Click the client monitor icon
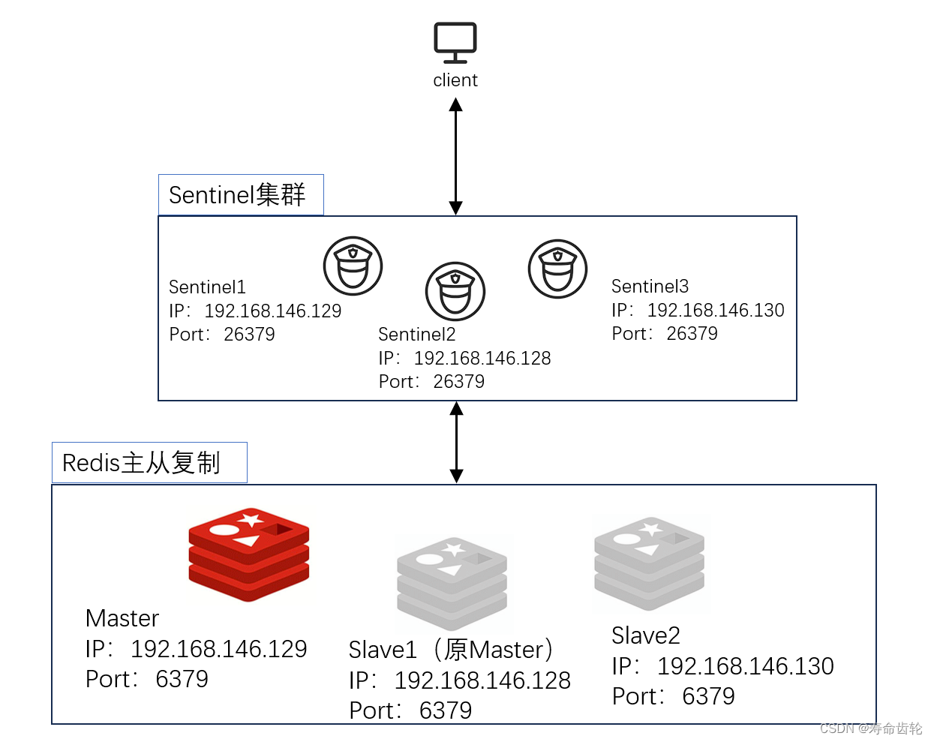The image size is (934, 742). [455, 43]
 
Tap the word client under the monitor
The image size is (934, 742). [455, 80]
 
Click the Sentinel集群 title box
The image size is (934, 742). [240, 195]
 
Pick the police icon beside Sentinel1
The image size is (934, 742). [353, 266]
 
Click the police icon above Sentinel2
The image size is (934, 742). [455, 291]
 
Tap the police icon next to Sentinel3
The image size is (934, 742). [557, 269]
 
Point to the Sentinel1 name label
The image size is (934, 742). [207, 287]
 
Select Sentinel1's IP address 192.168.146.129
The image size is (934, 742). [272, 311]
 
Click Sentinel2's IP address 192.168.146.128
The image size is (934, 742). [482, 359]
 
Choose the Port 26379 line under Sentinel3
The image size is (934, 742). [665, 334]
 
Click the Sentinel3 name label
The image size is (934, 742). [650, 287]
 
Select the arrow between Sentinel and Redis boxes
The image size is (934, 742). [456, 443]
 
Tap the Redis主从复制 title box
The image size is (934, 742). [149, 463]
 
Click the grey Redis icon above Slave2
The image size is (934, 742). [649, 563]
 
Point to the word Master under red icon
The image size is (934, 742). [122, 618]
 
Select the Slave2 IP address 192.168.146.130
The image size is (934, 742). [745, 666]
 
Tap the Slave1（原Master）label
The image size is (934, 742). [451, 650]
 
